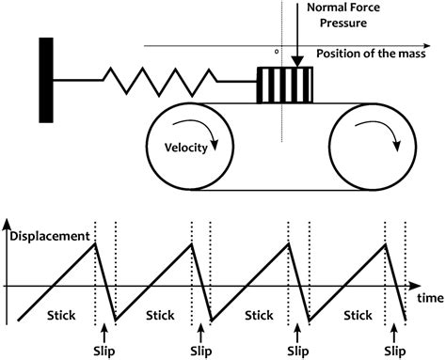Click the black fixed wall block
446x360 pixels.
click(44, 80)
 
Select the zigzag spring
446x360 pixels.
click(155, 81)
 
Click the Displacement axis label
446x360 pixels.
click(48, 236)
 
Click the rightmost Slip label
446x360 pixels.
click(396, 349)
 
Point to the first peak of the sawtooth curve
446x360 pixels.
click(95, 243)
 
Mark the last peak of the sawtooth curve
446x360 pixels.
click(386, 243)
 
